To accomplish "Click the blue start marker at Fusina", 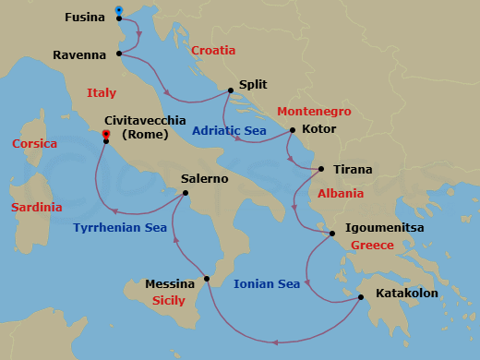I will (x=119, y=11).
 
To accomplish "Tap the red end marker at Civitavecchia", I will (x=106, y=135).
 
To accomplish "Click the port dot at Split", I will (x=230, y=90).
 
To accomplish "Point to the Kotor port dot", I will (x=292, y=130).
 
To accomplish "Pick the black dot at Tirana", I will (x=321, y=169).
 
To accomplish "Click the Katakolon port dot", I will (x=360, y=296).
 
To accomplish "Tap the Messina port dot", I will (x=207, y=278).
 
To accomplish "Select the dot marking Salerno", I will (x=186, y=193).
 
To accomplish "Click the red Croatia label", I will (x=213, y=51).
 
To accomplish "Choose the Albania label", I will (x=340, y=194).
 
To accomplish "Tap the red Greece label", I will (x=372, y=246).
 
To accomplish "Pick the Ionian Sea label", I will (x=267, y=284).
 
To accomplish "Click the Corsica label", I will (x=35, y=144).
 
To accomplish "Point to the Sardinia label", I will (x=37, y=208).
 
